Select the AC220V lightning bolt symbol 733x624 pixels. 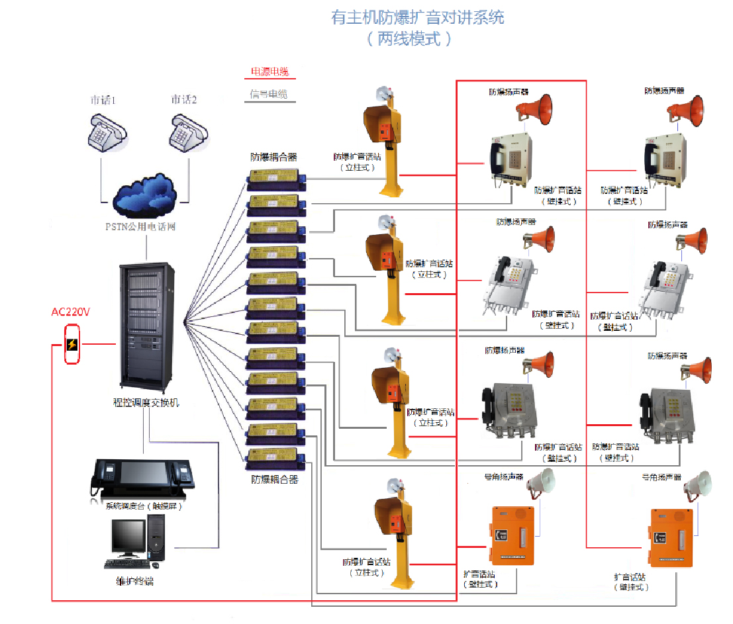click(72, 344)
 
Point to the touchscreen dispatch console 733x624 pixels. click(143, 478)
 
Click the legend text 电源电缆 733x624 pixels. click(269, 71)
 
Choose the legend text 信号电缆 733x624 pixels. click(269, 95)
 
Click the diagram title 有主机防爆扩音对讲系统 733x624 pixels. click(417, 17)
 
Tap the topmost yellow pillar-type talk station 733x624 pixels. click(386, 142)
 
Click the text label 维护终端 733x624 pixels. click(134, 582)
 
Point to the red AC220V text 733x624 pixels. click(70, 312)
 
